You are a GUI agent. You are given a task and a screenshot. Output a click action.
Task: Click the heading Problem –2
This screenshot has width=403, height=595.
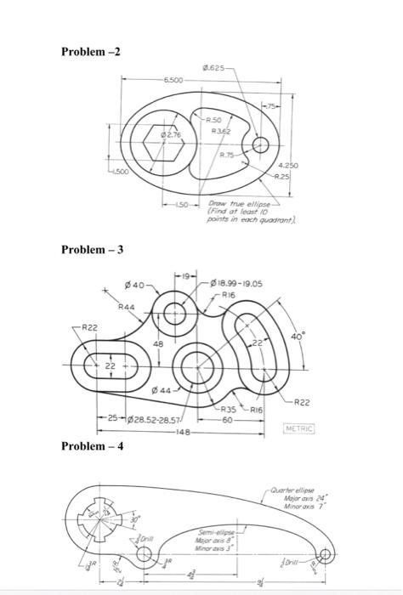click(91, 52)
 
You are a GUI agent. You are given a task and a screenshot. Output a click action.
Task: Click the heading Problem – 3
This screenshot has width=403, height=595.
click(93, 249)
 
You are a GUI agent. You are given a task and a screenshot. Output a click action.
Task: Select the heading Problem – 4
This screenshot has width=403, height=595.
click(93, 445)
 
